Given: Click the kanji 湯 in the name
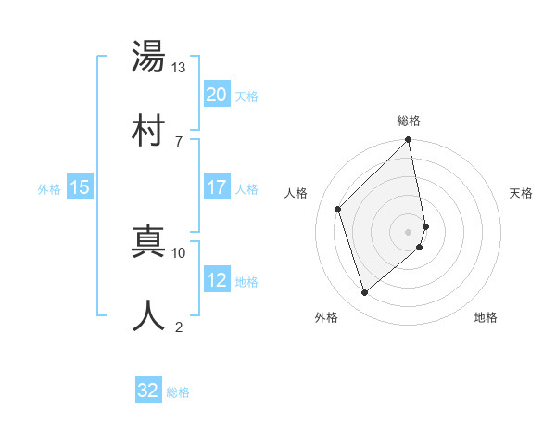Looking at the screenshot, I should [149, 58].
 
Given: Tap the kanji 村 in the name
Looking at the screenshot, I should [149, 129].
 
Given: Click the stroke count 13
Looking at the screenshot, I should [178, 68].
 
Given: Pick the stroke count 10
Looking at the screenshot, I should [178, 252].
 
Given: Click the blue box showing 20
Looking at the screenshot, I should [216, 95].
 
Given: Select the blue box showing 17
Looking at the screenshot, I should [216, 187].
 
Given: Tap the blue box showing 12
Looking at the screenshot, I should [216, 281].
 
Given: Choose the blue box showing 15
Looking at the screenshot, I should [80, 187].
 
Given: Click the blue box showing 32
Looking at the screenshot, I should [148, 391].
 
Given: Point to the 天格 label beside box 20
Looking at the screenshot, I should [246, 96].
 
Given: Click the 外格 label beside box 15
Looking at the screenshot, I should [49, 188].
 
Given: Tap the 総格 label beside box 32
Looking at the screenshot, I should [178, 391].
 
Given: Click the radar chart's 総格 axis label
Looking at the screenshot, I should [409, 121].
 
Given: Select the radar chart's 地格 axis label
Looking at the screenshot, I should [486, 317].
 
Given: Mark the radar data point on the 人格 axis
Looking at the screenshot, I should [338, 209].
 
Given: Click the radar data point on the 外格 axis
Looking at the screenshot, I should [365, 293].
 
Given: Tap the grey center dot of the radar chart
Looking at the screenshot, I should [409, 231].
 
